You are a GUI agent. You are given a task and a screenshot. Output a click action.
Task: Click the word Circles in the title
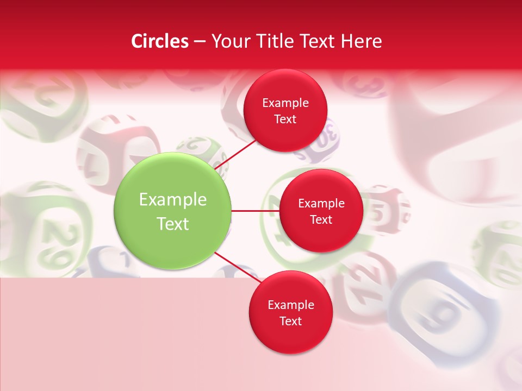click(x=160, y=41)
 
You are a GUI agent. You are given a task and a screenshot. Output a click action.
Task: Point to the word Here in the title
click(x=362, y=41)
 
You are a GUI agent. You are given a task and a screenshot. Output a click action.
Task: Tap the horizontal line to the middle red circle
click(x=255, y=211)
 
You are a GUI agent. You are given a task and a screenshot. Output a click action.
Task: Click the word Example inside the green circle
click(x=173, y=200)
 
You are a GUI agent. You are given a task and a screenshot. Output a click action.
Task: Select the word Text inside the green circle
click(x=173, y=224)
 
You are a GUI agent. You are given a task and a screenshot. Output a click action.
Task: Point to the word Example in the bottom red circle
click(x=290, y=305)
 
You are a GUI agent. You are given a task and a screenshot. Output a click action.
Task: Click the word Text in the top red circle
click(x=285, y=119)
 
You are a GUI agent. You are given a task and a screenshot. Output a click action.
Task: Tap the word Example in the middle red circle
click(x=321, y=204)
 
